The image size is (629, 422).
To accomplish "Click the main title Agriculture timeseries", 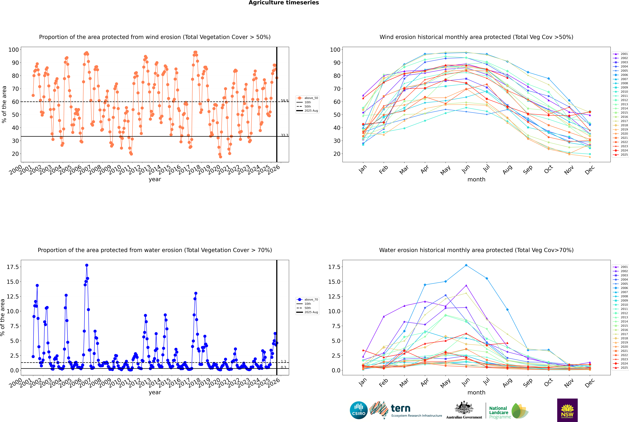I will tap(284, 3).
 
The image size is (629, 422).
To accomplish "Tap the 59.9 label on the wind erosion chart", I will tap(284, 101).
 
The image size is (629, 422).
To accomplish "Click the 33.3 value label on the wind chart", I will tap(284, 135).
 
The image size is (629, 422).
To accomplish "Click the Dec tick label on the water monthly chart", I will tap(590, 383).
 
